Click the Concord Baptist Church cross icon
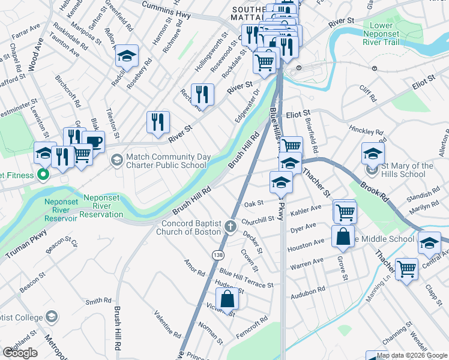click(231, 226)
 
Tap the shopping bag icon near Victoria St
click(228, 298)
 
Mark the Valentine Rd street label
click(167, 324)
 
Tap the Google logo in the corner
click(20, 353)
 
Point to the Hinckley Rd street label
click(366, 130)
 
